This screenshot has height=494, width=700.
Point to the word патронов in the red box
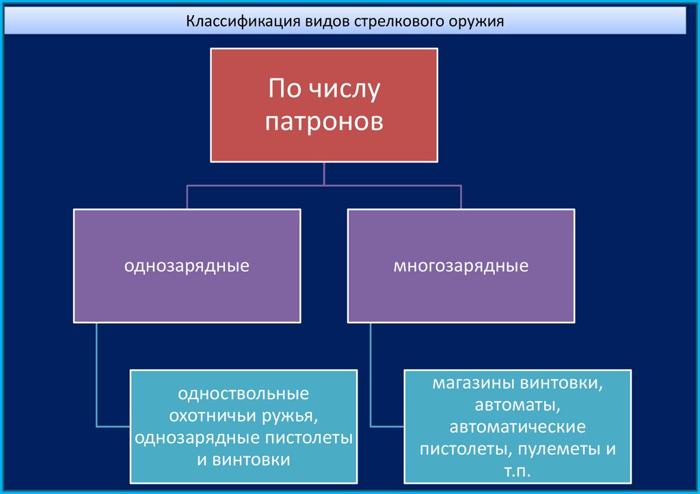coord(323,122)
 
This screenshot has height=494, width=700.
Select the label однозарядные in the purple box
coord(186,265)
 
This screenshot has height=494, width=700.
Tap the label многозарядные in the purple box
coord(461,265)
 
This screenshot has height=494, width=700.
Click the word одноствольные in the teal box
coord(243,394)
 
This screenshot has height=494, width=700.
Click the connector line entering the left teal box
coord(113,425)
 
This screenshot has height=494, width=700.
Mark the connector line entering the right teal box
coord(387,425)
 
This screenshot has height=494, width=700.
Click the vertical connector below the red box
coord(324,174)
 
